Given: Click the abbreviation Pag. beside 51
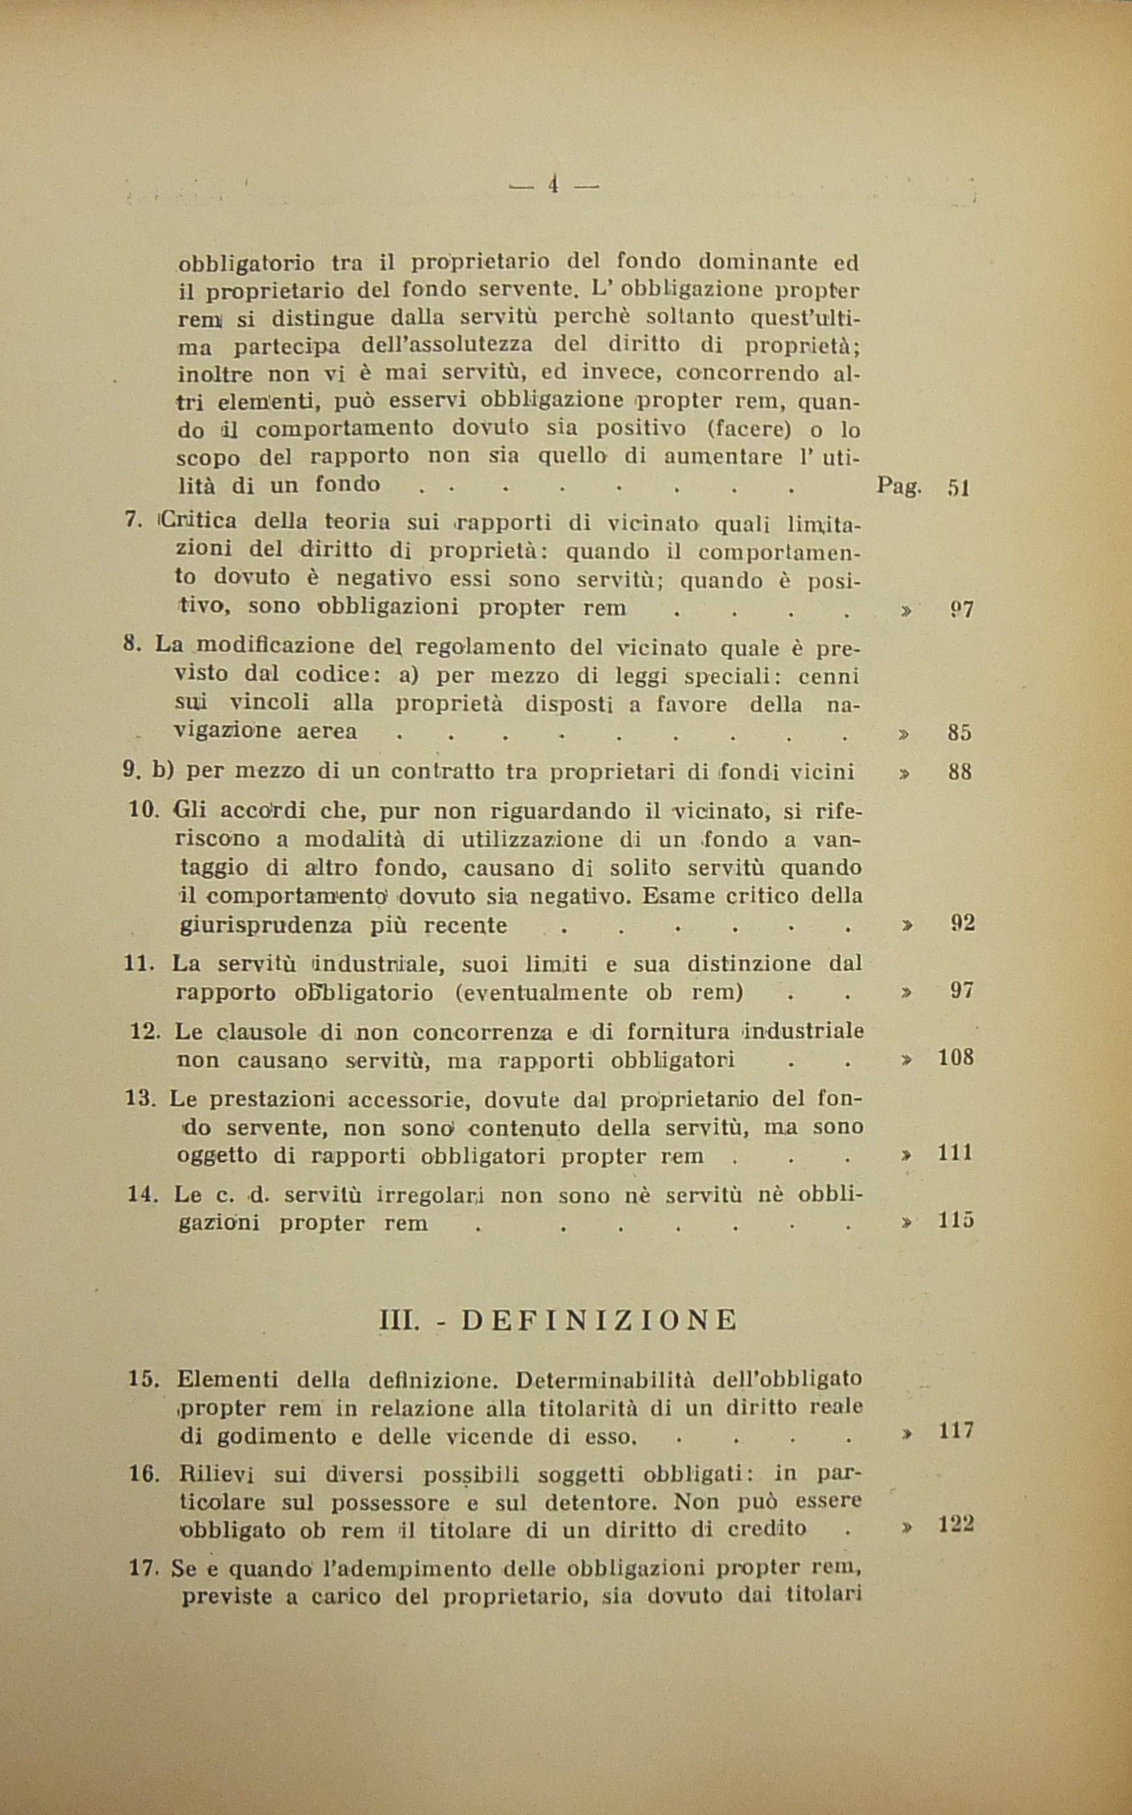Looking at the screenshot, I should (899, 487).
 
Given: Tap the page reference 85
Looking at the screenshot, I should (959, 732).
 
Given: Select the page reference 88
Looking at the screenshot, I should (959, 772).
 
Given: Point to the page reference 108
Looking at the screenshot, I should (955, 1058).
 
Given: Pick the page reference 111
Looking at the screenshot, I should (955, 1153).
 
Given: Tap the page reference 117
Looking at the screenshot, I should (955, 1431).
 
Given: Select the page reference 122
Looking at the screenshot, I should (956, 1524).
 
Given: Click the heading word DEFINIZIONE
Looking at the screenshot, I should (599, 1321).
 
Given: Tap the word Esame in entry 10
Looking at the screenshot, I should (676, 896).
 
